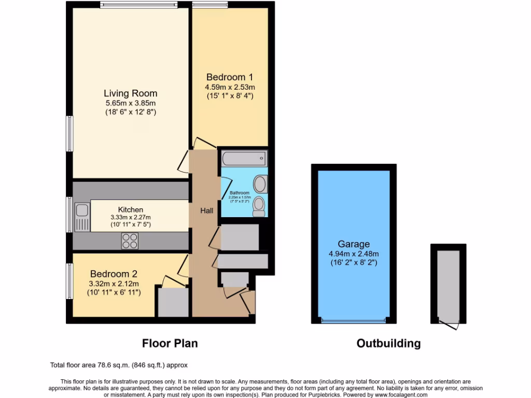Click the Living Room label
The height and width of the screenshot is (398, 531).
coord(130,93)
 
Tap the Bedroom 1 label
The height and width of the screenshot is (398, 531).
coord(230,77)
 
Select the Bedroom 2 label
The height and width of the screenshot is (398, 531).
coord(114,274)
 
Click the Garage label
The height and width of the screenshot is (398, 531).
coord(354,244)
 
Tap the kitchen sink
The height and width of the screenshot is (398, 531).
coord(82,217)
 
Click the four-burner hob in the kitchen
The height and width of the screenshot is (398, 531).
coord(130,241)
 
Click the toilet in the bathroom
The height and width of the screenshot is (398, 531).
coord(259,207)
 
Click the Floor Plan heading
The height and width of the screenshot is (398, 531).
coord(170,343)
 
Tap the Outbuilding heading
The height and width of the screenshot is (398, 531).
coord(388,343)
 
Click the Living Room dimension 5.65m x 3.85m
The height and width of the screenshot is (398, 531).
coord(130,103)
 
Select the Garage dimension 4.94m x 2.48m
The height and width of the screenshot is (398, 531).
coord(354,254)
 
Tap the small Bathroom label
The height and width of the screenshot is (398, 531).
coord(240,193)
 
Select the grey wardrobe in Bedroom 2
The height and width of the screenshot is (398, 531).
coord(173,302)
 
